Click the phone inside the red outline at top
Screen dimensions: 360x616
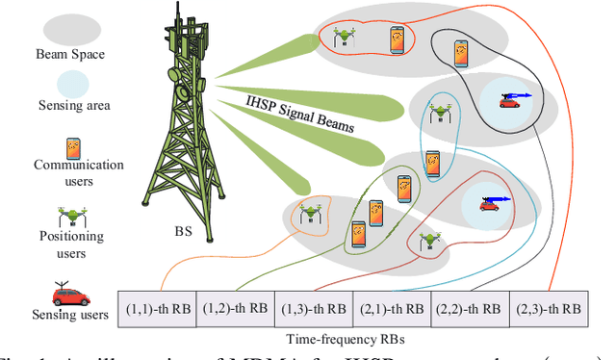(x=396, y=39)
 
